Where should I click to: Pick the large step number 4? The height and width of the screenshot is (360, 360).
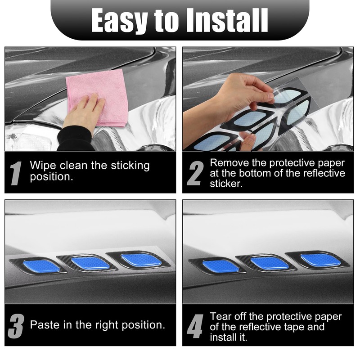pyautogui.click(x=195, y=325)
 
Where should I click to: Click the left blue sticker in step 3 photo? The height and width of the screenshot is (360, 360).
pyautogui.click(x=41, y=266)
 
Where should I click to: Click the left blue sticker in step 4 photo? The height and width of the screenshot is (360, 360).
pyautogui.click(x=220, y=266)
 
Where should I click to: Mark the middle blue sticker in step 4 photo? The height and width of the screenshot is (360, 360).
pyautogui.click(x=269, y=263)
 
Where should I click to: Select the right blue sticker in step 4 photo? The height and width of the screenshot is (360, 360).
pyautogui.click(x=318, y=260)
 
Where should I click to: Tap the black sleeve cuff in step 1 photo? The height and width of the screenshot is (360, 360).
pyautogui.click(x=74, y=137)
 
